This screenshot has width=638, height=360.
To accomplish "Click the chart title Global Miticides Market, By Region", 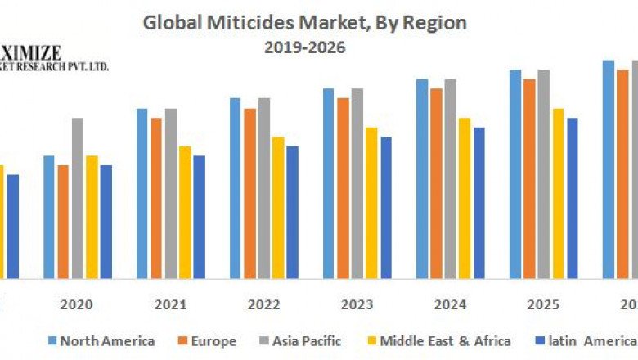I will pos(304,23).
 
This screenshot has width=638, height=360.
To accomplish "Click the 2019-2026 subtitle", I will pos(304,47).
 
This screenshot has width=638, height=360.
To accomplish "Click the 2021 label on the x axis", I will pos(171,304).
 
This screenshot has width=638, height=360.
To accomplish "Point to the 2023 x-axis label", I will pos(357,304).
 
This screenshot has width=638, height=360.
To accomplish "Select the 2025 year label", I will pos(544,304).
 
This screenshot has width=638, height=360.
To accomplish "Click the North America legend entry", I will pos(102,341).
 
